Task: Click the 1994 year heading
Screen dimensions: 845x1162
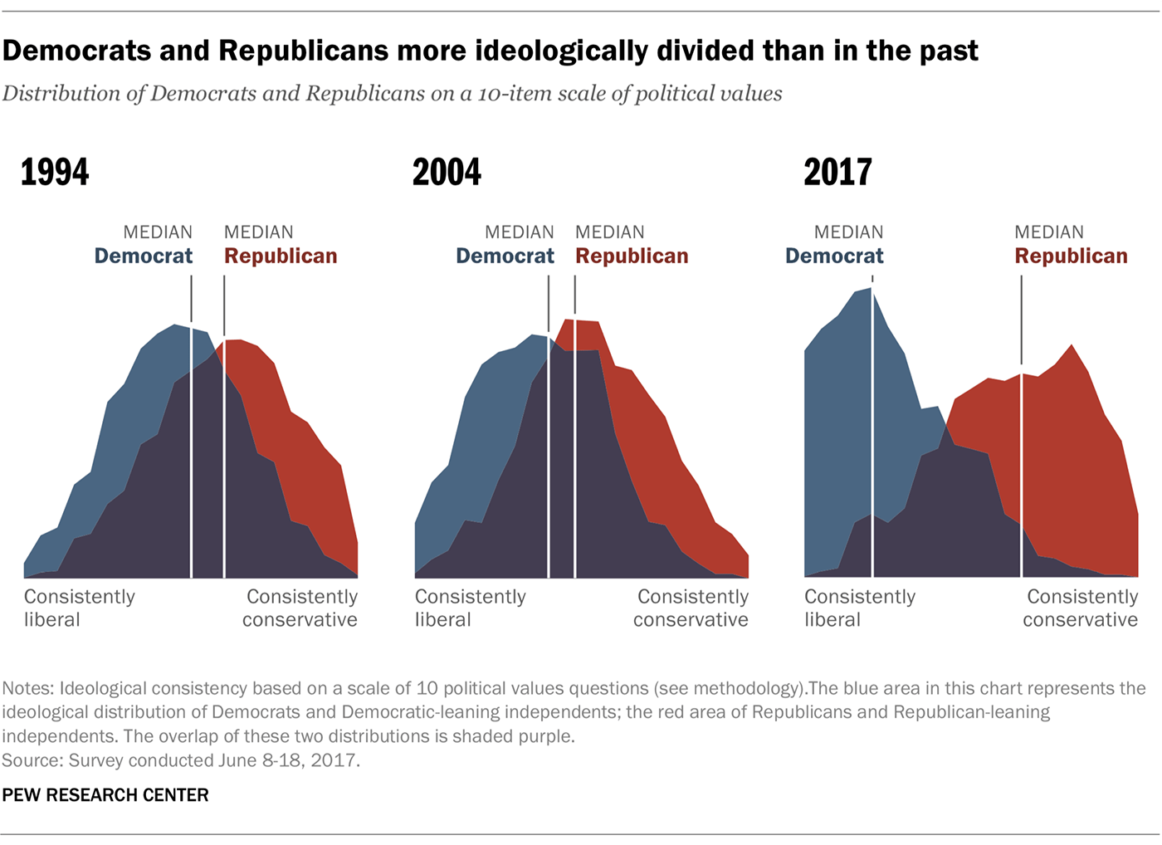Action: [x=55, y=173]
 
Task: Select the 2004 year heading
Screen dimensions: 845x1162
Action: [x=447, y=173]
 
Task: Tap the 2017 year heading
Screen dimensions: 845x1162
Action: [x=837, y=173]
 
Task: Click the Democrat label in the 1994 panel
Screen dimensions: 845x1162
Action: [x=144, y=256]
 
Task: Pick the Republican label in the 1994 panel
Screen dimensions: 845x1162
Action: [x=281, y=256]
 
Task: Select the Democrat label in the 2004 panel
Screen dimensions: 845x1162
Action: [x=505, y=256]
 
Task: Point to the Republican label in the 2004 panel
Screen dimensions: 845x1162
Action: [x=632, y=256]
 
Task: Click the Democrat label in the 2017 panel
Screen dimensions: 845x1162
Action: [x=834, y=256]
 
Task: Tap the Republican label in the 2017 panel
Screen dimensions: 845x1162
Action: [x=1071, y=256]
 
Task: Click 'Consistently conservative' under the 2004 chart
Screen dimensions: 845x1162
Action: [x=691, y=608]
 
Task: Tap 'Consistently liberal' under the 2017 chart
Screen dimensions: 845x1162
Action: [x=859, y=608]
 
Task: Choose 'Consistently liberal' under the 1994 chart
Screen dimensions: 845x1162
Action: [x=79, y=608]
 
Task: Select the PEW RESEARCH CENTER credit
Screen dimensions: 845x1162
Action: [x=105, y=795]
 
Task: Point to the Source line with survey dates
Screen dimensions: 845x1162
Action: [x=181, y=760]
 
